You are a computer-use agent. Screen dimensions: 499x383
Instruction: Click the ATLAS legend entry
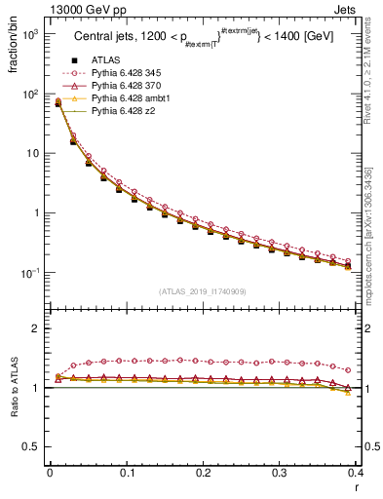tap(104, 60)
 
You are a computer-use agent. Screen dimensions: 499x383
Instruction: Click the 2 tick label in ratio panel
tap(39, 328)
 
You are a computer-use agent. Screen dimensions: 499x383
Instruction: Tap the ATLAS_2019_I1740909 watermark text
tap(203, 290)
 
